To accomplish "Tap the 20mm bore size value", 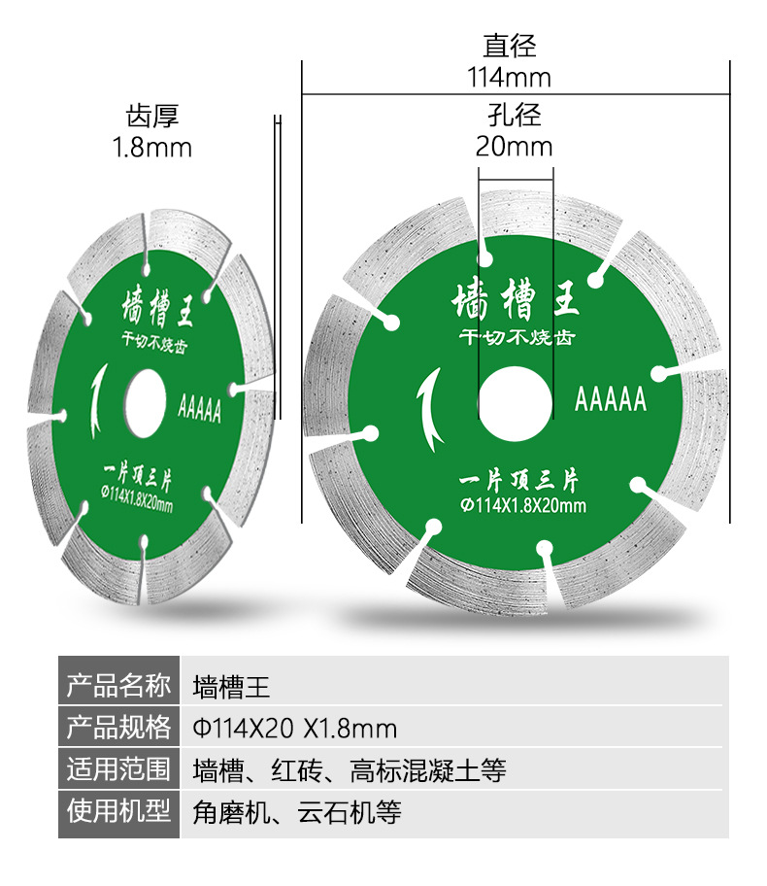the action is pos(514,147).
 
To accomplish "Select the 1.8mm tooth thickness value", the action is pos(152,148).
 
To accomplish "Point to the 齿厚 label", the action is pos(152,117).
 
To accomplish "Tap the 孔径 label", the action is pos(514,115).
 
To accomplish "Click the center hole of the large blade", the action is pos(516,400).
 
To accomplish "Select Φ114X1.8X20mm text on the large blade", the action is pos(523,505).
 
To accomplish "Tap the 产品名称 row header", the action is pos(118,687).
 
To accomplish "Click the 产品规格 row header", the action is pos(118,728).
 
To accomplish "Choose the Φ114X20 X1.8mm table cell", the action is pos(295,729).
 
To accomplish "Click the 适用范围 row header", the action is pos(118,769).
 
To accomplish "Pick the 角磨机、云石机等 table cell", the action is pos(297,812).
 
